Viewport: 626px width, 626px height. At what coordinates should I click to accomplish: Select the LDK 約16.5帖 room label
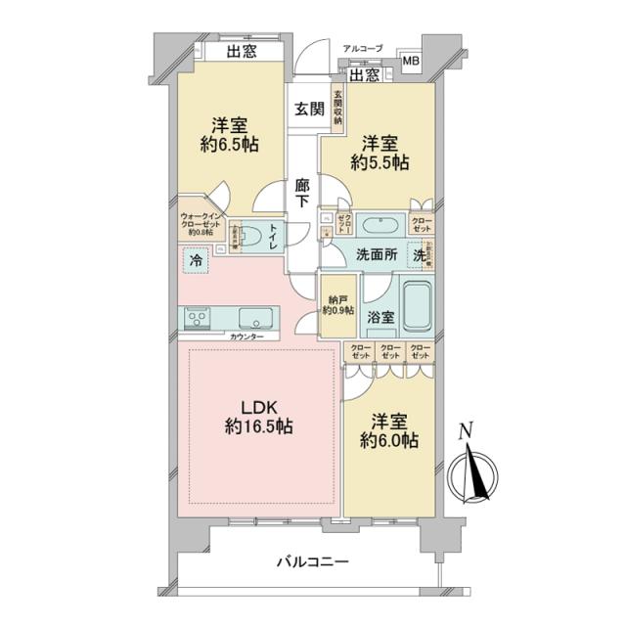[x=259, y=416]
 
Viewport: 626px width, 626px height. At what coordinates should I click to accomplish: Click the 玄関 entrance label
[x=309, y=110]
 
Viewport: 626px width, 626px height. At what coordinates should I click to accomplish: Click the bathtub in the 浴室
[x=417, y=308]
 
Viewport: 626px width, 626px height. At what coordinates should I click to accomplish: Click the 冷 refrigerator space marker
[x=196, y=262]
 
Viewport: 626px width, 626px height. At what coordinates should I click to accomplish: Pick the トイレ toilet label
[x=273, y=238]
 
